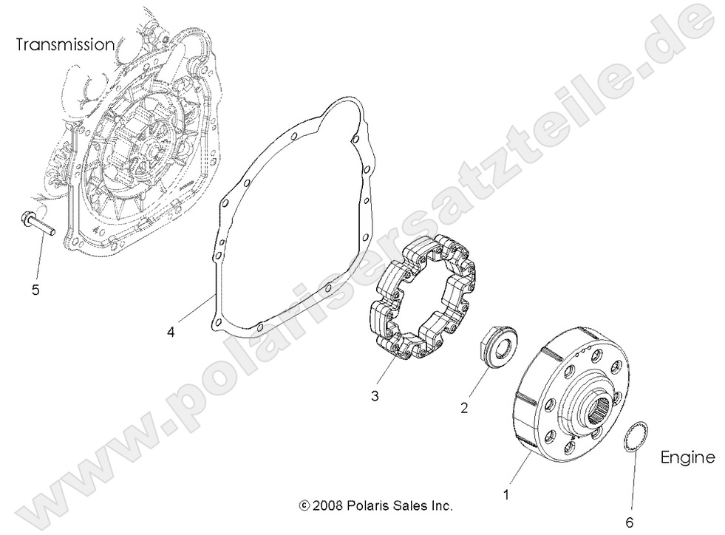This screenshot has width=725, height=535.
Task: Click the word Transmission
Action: pos(66,44)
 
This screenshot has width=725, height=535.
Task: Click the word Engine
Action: pos(687,457)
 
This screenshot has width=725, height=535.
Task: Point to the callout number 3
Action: pos(375,396)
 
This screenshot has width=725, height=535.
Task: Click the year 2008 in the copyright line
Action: pos(328,506)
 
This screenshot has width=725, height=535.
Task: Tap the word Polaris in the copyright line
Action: pos(368,506)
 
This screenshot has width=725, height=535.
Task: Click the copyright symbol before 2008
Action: pos(303,506)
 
